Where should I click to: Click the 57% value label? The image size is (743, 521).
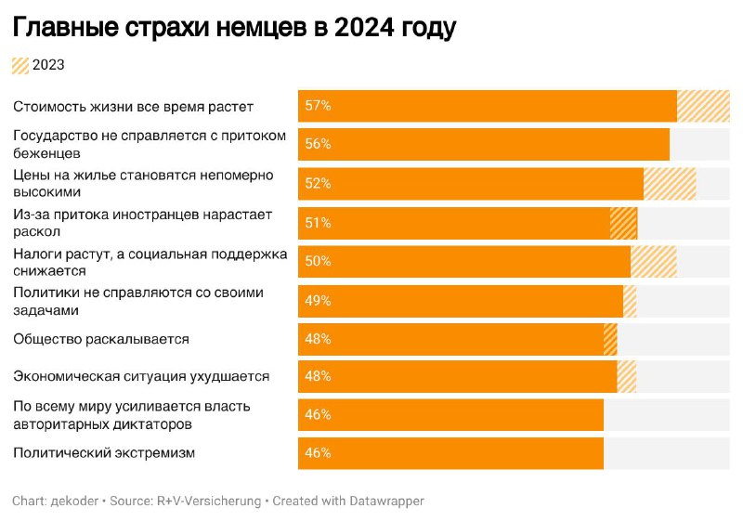(x=318, y=106)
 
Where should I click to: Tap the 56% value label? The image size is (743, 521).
(x=318, y=144)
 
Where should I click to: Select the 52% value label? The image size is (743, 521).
(x=318, y=183)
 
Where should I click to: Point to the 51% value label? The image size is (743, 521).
(x=318, y=223)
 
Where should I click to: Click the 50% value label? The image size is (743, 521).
(x=318, y=261)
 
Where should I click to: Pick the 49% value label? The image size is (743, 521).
(x=318, y=301)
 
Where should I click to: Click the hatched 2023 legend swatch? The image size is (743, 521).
(x=20, y=65)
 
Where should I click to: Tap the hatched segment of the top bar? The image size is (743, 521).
(x=703, y=106)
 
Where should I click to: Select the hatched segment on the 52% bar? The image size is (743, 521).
(x=670, y=183)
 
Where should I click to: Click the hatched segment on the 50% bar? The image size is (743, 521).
(x=654, y=261)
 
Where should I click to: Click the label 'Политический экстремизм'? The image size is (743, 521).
(x=104, y=453)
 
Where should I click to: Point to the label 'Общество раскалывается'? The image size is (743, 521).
(x=101, y=339)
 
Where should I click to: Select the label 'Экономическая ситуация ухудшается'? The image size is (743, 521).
(x=141, y=376)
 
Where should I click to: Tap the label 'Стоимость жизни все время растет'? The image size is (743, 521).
(x=133, y=107)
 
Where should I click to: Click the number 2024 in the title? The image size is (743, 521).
(x=364, y=28)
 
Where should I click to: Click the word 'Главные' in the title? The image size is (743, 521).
(x=66, y=28)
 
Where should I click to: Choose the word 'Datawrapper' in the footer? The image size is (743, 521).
(x=386, y=501)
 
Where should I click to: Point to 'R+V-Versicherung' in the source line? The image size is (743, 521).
(x=209, y=501)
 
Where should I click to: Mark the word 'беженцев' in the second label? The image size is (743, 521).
(x=46, y=153)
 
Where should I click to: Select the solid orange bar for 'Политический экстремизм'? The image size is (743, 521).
(x=450, y=453)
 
